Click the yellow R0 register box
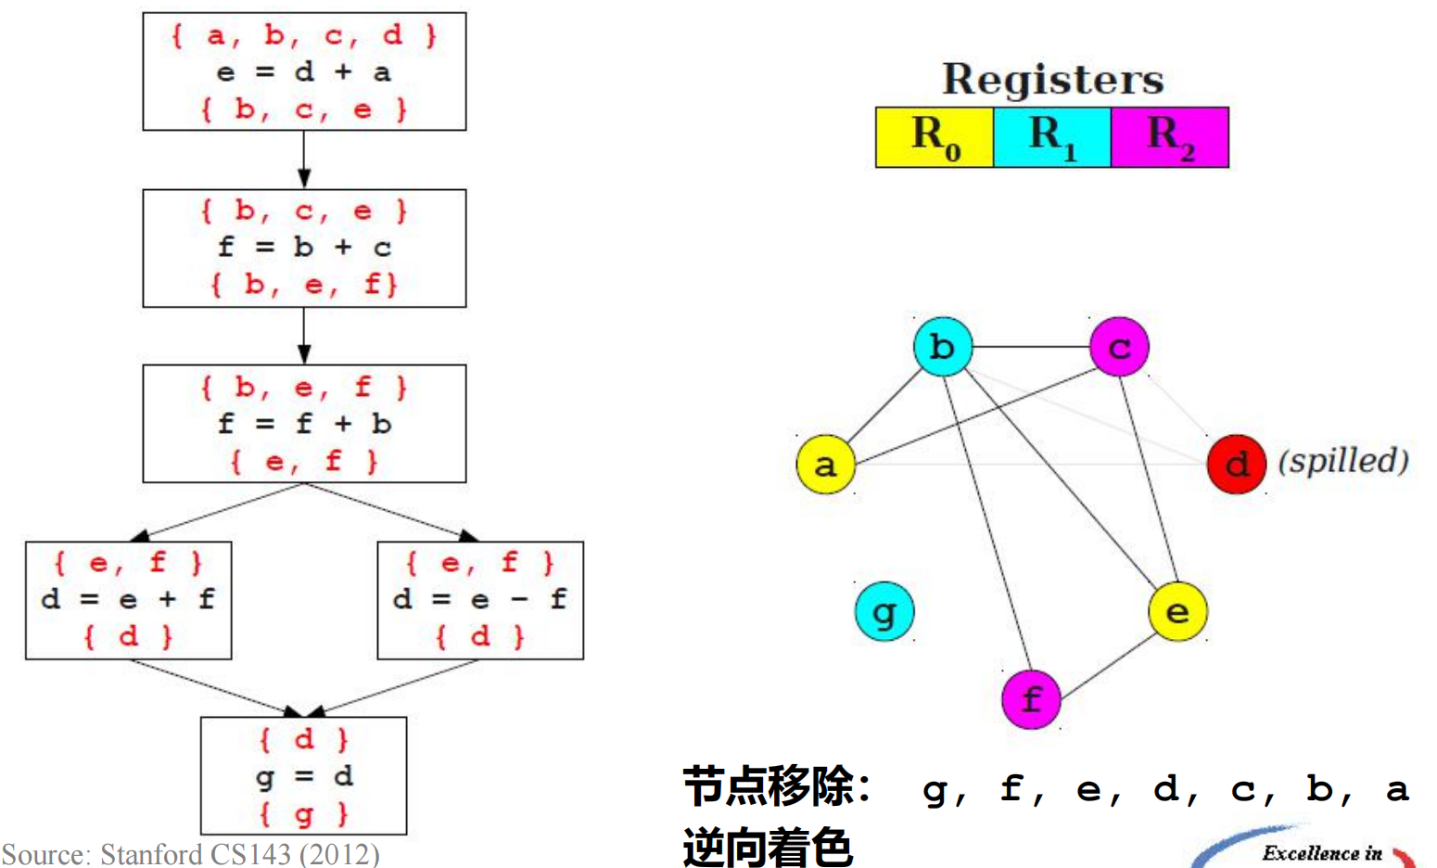point(935,137)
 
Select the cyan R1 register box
point(1052,137)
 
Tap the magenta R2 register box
point(1170,137)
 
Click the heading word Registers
point(1052,80)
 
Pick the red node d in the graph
point(1236,464)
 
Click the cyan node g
point(884,611)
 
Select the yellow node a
point(825,464)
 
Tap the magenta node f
point(1031,698)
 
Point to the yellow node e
point(1177,611)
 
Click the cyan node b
point(942,347)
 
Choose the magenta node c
point(1119,347)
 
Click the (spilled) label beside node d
point(1343,461)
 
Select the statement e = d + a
point(304,72)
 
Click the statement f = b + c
point(304,248)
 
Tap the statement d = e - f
point(480,599)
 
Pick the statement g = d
point(304,775)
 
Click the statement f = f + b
point(304,424)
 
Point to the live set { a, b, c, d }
point(304,35)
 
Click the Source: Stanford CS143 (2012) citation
point(191,853)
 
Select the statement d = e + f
point(128,599)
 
